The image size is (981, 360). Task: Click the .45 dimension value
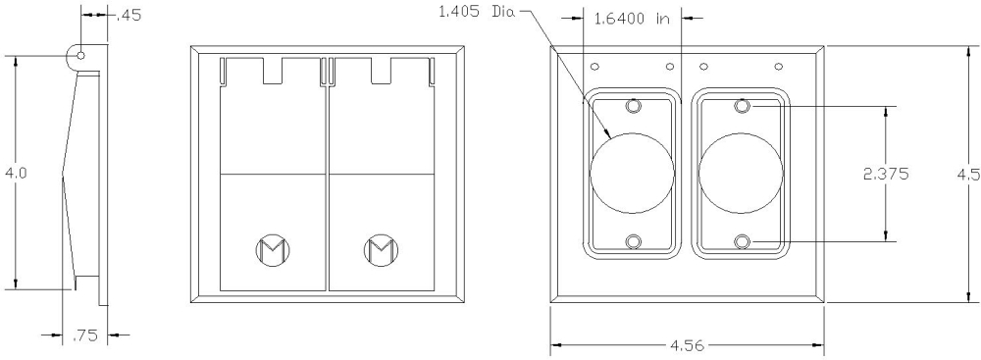pyautogui.click(x=128, y=15)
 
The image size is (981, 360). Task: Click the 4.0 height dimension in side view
pyautogui.click(x=16, y=173)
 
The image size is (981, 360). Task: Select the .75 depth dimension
pyautogui.click(x=84, y=336)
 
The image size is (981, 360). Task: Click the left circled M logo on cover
pyautogui.click(x=271, y=250)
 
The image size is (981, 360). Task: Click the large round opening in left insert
pyautogui.click(x=633, y=173)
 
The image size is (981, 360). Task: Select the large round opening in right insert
pyautogui.click(x=742, y=173)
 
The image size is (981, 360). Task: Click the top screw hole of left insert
pyautogui.click(x=633, y=105)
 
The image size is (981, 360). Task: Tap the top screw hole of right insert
pyautogui.click(x=743, y=105)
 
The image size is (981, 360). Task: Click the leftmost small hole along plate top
pyautogui.click(x=594, y=67)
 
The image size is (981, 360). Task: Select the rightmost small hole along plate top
pyautogui.click(x=779, y=67)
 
